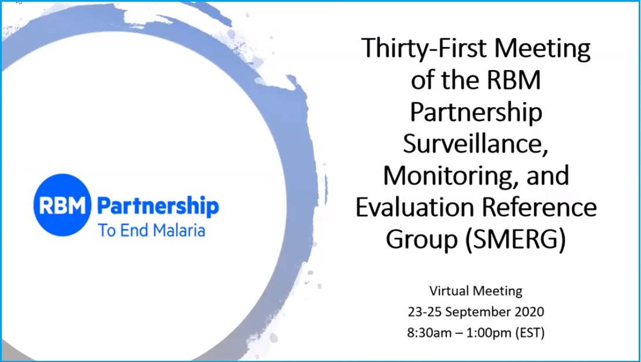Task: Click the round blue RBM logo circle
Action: click(62, 205)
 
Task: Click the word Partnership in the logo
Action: click(158, 206)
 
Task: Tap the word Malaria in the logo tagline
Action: click(179, 231)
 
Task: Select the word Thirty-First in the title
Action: click(424, 49)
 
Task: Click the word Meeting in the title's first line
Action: click(542, 49)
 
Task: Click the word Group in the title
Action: click(422, 240)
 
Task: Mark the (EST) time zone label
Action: click(530, 333)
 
